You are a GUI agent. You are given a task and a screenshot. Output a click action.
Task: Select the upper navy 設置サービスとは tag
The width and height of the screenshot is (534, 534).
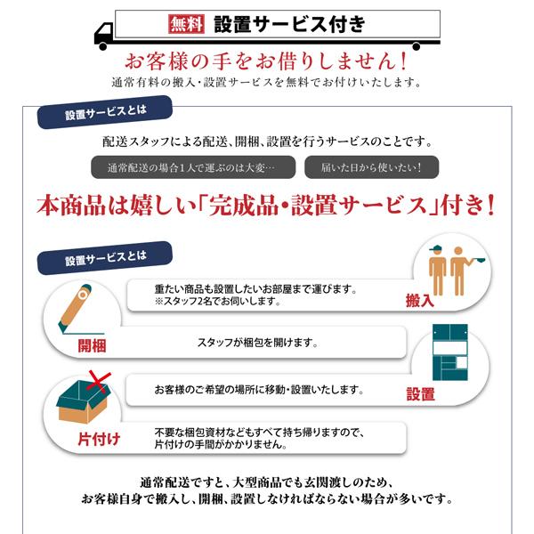(105, 116)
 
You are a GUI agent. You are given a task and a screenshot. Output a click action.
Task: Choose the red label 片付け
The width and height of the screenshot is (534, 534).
(93, 440)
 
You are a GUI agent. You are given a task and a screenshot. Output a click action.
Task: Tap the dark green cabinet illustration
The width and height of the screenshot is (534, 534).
(452, 356)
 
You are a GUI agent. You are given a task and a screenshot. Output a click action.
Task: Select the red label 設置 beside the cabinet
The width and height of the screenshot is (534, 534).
(421, 394)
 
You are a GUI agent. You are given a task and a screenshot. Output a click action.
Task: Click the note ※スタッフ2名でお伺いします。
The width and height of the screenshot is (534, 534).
(218, 302)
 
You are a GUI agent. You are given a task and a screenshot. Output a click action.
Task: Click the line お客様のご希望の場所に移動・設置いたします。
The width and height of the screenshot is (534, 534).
(258, 390)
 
